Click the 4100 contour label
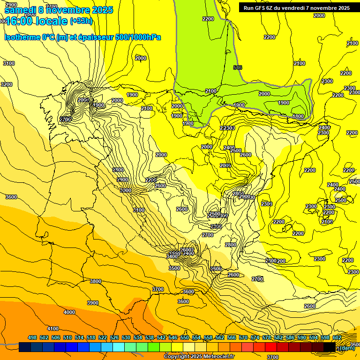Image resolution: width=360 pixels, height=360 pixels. (53, 329)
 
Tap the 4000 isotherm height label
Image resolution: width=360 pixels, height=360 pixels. (69, 312)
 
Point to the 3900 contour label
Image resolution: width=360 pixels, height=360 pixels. (93, 303)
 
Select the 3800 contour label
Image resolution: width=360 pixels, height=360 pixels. (96, 281)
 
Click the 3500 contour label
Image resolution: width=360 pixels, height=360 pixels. (174, 268)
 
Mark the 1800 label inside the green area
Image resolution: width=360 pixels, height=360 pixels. (298, 116)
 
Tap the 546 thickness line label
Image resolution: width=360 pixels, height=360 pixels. (238, 68)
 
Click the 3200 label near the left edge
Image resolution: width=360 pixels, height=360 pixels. (7, 84)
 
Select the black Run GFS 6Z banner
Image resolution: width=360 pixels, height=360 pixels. (294, 7)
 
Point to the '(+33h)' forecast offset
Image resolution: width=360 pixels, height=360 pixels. (82, 21)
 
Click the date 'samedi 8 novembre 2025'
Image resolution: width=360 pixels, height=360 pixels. (59, 10)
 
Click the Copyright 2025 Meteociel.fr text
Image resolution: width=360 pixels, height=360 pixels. (199, 356)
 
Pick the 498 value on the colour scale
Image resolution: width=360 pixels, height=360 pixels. (32, 337)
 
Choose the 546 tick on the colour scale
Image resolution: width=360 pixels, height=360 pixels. (172, 337)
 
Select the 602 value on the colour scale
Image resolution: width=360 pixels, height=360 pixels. (337, 337)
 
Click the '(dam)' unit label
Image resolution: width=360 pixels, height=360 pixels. (346, 347)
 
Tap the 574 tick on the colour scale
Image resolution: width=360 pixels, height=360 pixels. (255, 337)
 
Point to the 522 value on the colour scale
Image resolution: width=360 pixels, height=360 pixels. (103, 337)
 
